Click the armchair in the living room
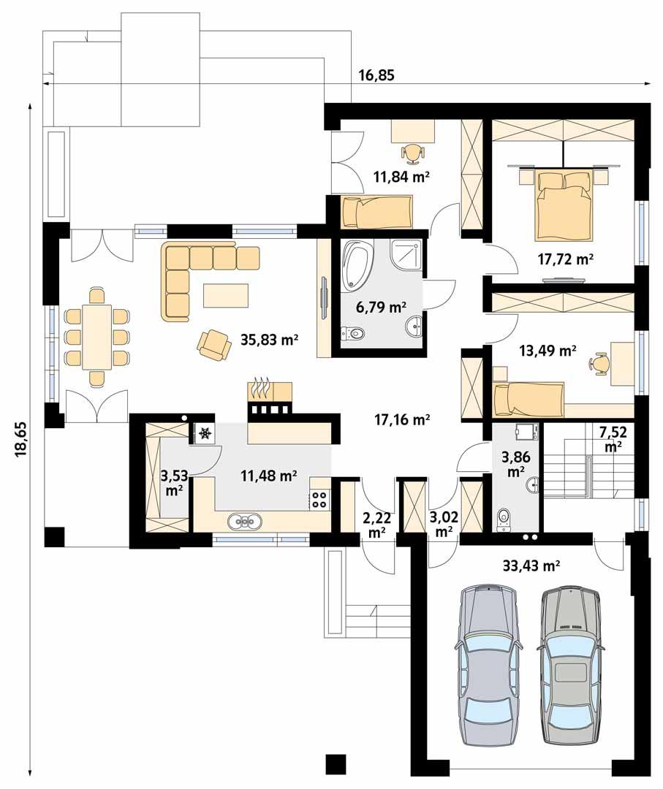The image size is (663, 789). click(x=213, y=343)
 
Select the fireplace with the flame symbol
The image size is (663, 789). click(x=269, y=398)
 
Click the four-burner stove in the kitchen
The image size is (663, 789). click(x=320, y=499)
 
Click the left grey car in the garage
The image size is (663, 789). click(x=488, y=665)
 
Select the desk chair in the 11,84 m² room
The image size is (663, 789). click(x=413, y=152)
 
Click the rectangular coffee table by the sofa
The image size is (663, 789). click(x=226, y=295)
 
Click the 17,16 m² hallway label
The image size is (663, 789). click(x=401, y=419)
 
